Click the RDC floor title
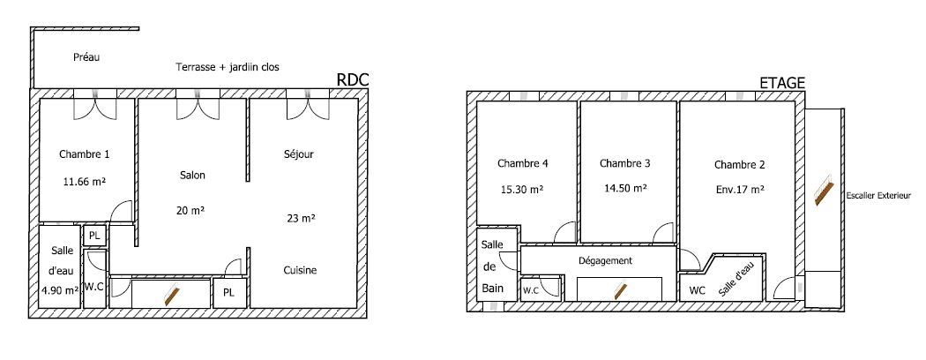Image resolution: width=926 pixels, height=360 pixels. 352,80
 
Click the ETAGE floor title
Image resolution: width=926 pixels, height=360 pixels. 782,83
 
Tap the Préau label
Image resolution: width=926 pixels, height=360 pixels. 86,57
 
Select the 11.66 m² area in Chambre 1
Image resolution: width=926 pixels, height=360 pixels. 85,182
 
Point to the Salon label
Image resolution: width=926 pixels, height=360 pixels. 192,175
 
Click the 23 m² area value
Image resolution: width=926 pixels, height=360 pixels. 300,218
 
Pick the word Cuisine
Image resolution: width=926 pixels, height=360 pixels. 300,270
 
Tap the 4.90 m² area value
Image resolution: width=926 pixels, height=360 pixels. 60,290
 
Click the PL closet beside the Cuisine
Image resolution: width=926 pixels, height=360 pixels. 229,293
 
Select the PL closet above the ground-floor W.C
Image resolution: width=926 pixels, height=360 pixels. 94,236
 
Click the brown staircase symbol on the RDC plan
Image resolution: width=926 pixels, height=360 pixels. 171,293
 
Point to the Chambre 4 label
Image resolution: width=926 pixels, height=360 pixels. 523,164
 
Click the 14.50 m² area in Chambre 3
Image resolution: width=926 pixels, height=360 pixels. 624,189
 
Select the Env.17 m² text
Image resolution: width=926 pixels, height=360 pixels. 739,190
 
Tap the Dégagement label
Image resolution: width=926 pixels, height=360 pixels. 605,260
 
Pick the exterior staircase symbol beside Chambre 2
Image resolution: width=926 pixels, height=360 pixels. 824,191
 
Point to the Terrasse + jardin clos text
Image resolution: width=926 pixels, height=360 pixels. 228,67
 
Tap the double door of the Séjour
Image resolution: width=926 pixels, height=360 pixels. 308,107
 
